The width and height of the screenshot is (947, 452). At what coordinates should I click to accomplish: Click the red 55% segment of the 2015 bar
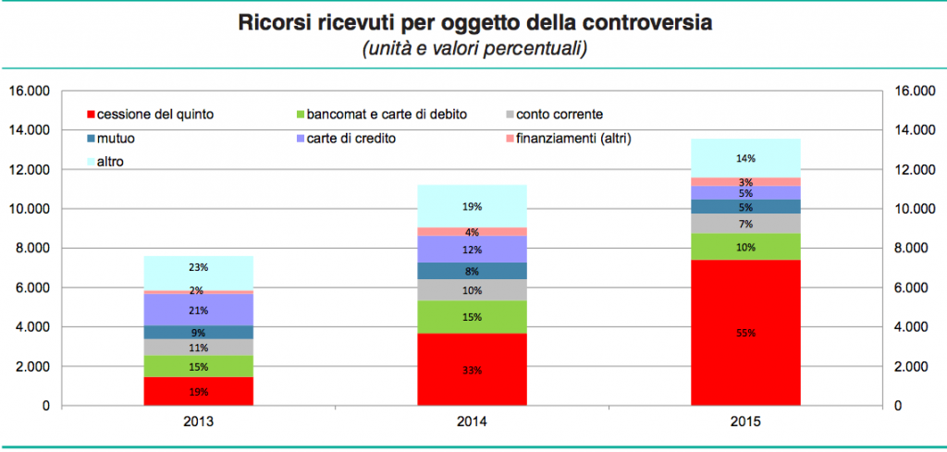pos(745,332)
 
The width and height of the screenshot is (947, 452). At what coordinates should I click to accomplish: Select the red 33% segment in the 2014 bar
pos(472,369)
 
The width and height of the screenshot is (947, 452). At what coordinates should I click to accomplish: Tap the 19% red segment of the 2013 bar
pos(199,391)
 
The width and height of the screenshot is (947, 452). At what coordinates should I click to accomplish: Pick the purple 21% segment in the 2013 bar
pos(199,310)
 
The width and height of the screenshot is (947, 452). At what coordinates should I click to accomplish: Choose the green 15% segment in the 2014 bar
pos(472,316)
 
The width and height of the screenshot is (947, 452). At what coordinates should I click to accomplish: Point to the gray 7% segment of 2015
pos(745,224)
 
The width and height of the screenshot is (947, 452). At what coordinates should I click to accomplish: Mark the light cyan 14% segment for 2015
pos(745,157)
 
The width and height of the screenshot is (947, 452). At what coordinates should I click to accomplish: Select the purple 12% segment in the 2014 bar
pos(472,249)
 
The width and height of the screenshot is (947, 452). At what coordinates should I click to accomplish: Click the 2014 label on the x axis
pos(472,421)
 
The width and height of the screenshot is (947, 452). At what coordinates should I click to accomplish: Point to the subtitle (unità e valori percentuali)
pos(474,49)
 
